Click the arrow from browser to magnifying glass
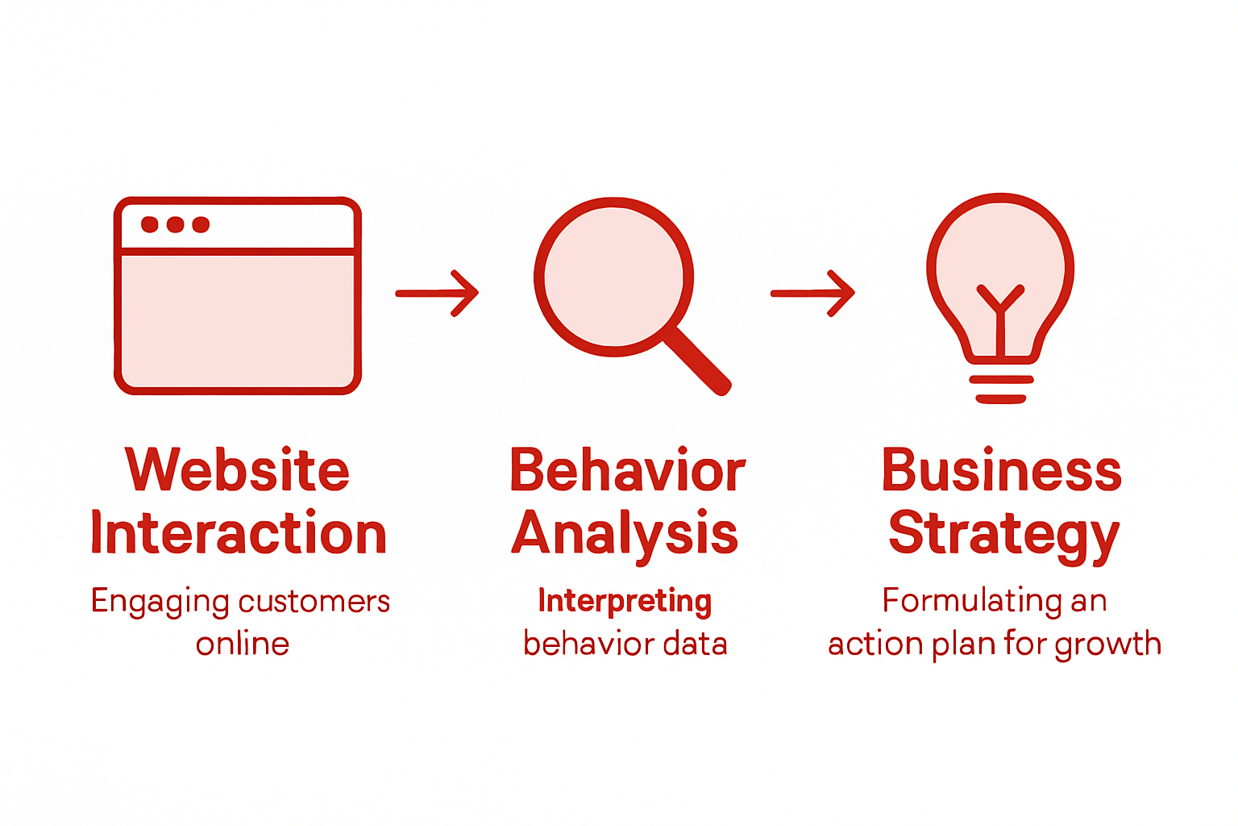(438, 293)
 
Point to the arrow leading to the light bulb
(812, 293)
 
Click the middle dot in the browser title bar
(176, 224)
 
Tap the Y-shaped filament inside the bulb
(1000, 311)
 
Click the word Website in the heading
(238, 469)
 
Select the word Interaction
(239, 534)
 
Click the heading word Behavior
(627, 469)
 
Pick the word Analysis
(625, 534)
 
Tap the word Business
(1001, 469)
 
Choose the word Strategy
(1003, 534)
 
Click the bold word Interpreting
(625, 601)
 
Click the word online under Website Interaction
(242, 644)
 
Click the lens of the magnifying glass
(614, 277)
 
